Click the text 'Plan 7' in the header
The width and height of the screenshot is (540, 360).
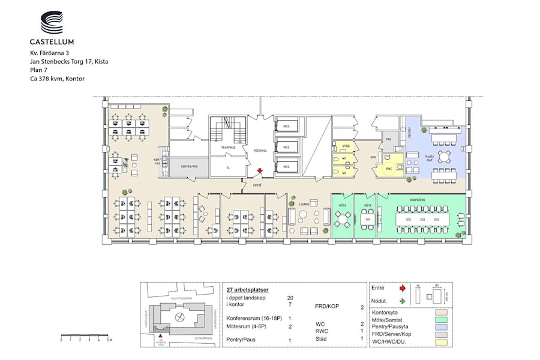(39, 70)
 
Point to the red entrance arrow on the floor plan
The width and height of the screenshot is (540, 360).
(259, 171)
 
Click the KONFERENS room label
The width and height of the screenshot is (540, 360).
(418, 200)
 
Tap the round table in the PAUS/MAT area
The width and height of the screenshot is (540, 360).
(445, 157)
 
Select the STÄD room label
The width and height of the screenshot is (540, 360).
(346, 146)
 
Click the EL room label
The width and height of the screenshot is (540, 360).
(228, 167)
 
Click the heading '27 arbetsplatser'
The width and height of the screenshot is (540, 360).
(247, 289)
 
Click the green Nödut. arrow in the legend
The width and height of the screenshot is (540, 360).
(403, 301)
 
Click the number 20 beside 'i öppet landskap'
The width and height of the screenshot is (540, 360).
(290, 298)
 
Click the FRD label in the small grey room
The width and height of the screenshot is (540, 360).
(388, 139)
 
